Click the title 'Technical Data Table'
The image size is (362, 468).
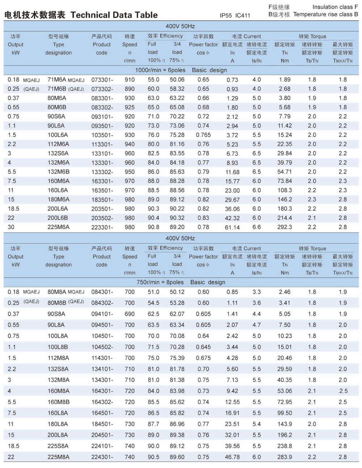tap(114, 15)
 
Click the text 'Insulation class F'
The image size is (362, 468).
tap(335, 7)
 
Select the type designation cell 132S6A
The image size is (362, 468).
tap(58, 153)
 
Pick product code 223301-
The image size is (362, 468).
tap(102, 227)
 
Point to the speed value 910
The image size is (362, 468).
tap(130, 80)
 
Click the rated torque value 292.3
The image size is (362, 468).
tap(285, 227)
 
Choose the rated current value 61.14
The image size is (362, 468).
tap(232, 227)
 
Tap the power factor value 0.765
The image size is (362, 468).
tap(203, 135)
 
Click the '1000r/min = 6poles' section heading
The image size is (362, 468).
tap(160, 70)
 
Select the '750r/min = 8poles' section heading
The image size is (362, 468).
tap(160, 282)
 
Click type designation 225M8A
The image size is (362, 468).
tap(58, 457)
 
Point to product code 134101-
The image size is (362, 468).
tap(102, 369)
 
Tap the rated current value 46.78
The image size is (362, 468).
tap(232, 457)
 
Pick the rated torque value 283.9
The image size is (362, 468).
tap(285, 457)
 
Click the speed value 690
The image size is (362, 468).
tap(130, 314)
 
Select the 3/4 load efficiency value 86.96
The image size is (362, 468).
tap(177, 424)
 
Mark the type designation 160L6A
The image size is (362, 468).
tap(58, 190)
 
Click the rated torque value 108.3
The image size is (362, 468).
tap(285, 190)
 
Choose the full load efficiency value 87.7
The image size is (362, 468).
tap(153, 424)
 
